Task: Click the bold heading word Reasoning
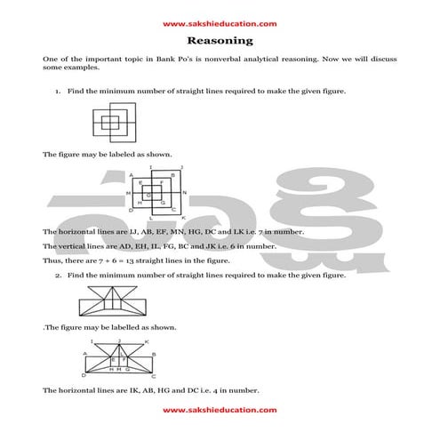coord(220,41)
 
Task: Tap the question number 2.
coord(57,276)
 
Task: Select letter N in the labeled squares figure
coord(184,193)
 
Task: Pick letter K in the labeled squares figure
coord(182,217)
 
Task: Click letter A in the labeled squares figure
coord(131,174)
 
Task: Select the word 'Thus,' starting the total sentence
coord(52,260)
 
